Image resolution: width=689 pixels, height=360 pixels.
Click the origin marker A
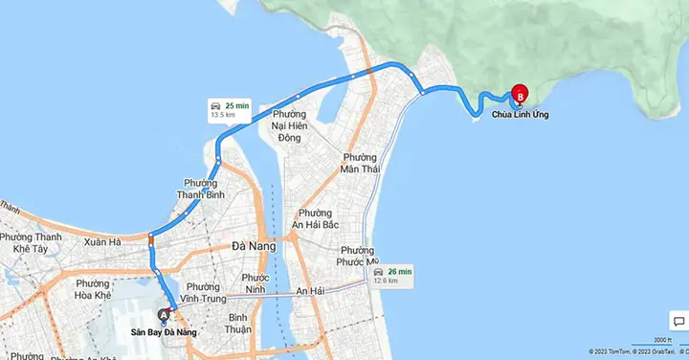164,314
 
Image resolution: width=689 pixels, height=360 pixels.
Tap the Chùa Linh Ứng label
521,116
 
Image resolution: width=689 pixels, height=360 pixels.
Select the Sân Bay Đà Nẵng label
164,332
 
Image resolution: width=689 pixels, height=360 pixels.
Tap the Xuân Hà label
102,242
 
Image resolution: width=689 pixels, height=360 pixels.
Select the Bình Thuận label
238,323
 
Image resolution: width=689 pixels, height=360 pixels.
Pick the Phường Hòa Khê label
93,288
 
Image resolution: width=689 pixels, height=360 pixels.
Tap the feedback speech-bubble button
676,322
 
